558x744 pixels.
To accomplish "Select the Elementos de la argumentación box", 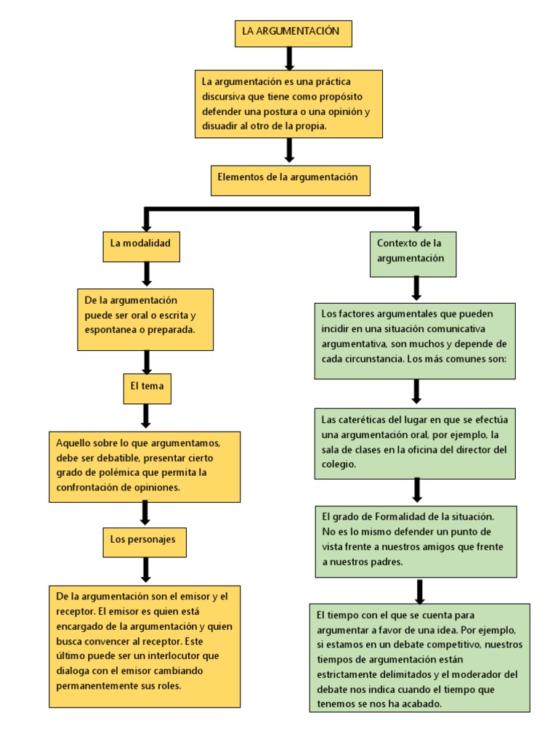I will (x=291, y=180).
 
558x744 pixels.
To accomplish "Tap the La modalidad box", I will (x=141, y=247).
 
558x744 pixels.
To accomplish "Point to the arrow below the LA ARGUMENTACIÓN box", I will (x=289, y=58).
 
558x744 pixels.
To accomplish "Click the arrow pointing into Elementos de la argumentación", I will (x=289, y=150).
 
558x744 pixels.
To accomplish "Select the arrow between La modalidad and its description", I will (x=147, y=274).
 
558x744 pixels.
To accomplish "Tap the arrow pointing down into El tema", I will (x=147, y=362).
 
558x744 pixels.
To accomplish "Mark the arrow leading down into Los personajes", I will (x=145, y=512).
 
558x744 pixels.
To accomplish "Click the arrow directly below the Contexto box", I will (x=416, y=288).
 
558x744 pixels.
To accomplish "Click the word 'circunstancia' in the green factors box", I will (x=367, y=360).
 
